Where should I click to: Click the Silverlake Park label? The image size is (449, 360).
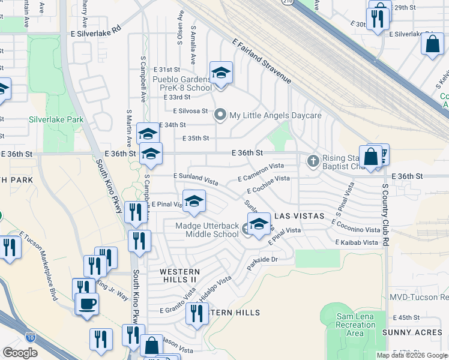[x=56, y=119]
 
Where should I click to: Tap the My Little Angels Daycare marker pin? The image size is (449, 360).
[x=220, y=115]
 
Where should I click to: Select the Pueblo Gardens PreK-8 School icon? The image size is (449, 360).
[x=221, y=74]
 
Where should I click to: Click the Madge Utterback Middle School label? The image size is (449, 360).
[x=206, y=230]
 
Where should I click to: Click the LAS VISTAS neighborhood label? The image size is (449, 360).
[x=299, y=215]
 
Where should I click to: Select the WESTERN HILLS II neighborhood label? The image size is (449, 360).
[x=178, y=276]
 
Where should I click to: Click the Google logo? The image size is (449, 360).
[x=20, y=353]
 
